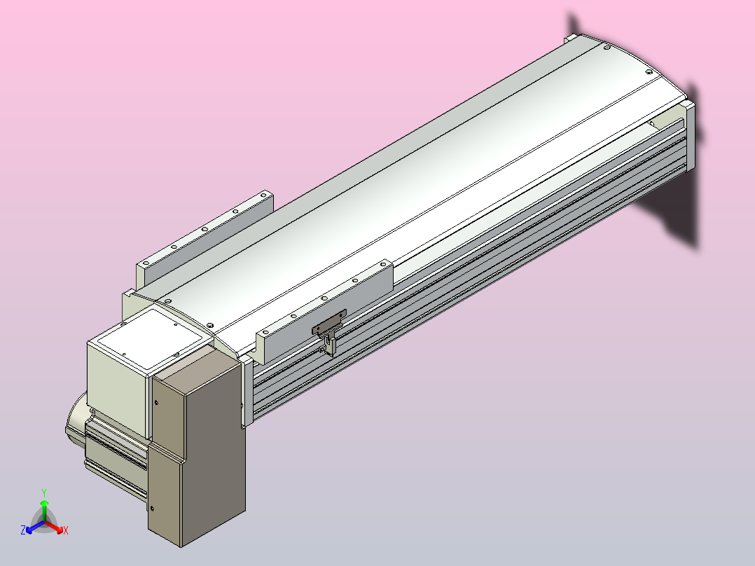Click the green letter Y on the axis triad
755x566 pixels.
coord(44,492)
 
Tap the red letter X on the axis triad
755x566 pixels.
coord(66,530)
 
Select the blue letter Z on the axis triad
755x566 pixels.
coord(23,530)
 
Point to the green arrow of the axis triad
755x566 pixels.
coord(44,510)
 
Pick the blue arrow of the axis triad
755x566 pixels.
coord(35,527)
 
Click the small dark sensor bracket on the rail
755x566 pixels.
coord(329,332)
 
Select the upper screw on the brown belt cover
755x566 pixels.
coord(156,403)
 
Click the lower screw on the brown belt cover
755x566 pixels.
coord(152,508)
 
